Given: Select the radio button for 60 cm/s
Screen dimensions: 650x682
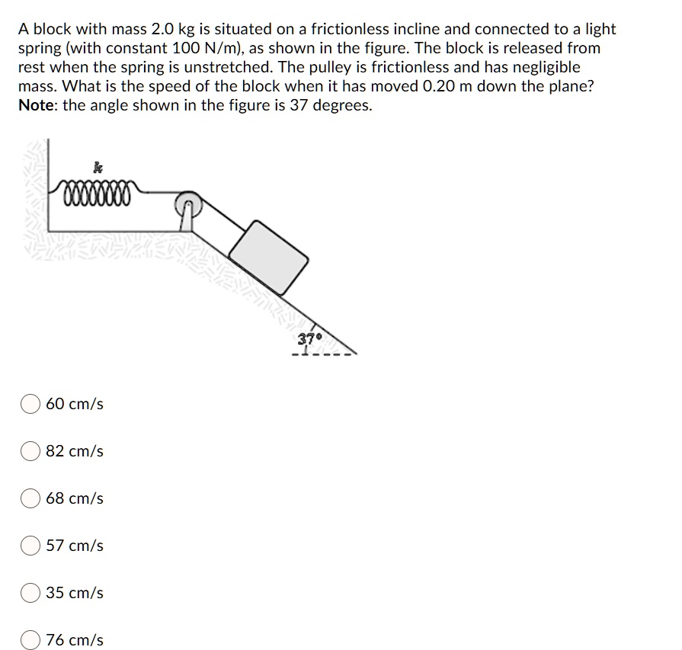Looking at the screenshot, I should [x=30, y=404].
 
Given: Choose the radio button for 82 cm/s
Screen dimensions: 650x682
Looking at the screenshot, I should [x=30, y=451].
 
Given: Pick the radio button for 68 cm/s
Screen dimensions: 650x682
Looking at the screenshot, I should [x=30, y=498].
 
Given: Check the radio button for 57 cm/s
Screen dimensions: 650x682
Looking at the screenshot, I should [x=30, y=546].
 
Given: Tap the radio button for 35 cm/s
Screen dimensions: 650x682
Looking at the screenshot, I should [x=30, y=593].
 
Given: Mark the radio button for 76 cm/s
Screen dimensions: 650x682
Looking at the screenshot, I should [x=30, y=640].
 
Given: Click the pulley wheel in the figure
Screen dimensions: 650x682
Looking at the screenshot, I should [x=187, y=205].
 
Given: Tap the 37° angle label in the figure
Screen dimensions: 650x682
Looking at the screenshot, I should [x=310, y=338].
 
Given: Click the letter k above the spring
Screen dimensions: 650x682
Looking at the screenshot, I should [x=97, y=166].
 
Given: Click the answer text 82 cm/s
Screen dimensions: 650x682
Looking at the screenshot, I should [x=75, y=451].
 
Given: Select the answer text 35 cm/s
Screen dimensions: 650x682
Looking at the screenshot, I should [x=75, y=593].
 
